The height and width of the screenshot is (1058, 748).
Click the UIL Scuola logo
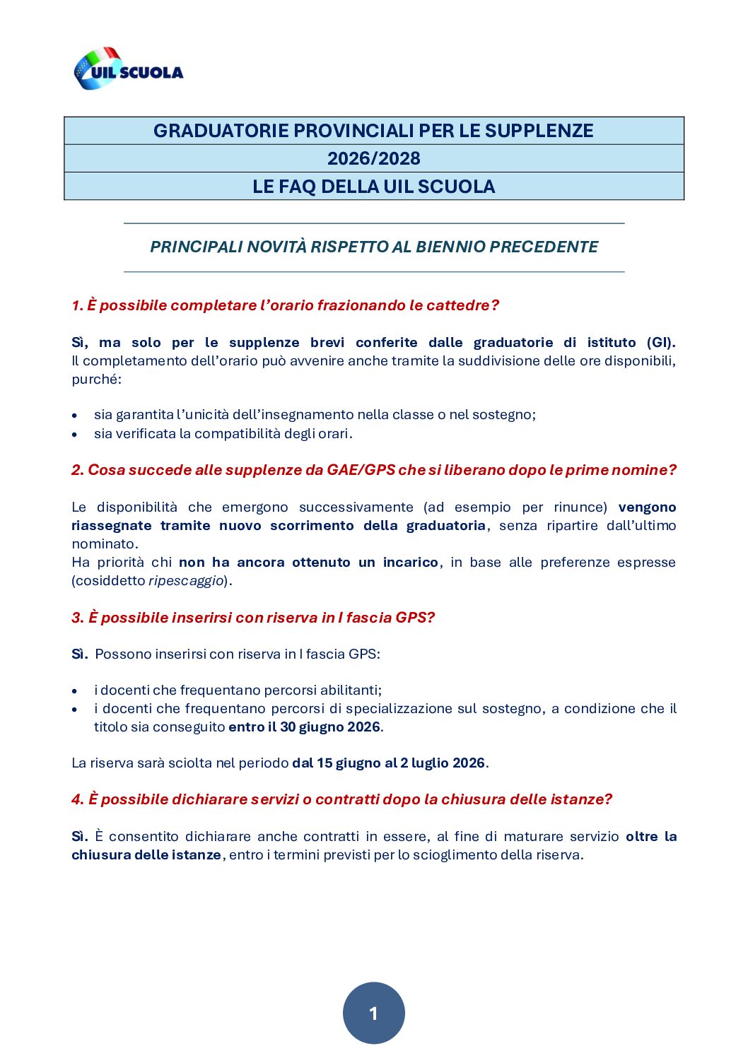point(129,69)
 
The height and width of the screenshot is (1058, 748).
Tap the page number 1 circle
point(373,1013)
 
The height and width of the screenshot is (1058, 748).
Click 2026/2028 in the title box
point(373,158)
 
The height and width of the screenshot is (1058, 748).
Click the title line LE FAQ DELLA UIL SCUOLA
point(373,187)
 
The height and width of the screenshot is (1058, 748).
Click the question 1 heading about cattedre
point(285,305)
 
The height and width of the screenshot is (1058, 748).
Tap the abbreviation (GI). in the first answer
point(660,342)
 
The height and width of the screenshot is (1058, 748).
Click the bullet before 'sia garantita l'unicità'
point(75,416)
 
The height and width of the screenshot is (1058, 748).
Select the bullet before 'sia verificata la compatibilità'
point(75,434)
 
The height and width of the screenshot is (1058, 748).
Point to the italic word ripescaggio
point(186,581)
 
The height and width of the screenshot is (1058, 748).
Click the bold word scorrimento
point(312,526)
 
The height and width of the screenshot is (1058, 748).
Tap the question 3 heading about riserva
point(253,618)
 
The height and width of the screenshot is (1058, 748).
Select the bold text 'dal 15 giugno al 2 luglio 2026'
point(388,763)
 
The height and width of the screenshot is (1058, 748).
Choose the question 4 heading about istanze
point(341,799)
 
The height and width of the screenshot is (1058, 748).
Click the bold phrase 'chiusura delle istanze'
point(146,855)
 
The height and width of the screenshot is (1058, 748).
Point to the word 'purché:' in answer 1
point(96,380)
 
